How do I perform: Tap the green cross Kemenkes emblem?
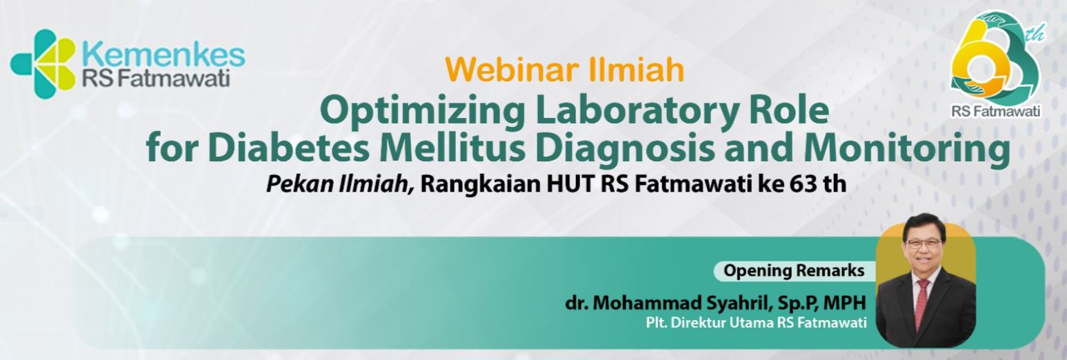coord(43,63)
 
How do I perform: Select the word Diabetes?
coord(289,148)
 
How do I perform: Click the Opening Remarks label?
coord(794,270)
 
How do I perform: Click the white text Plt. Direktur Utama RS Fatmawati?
coord(756,323)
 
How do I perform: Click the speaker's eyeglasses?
coord(924,244)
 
